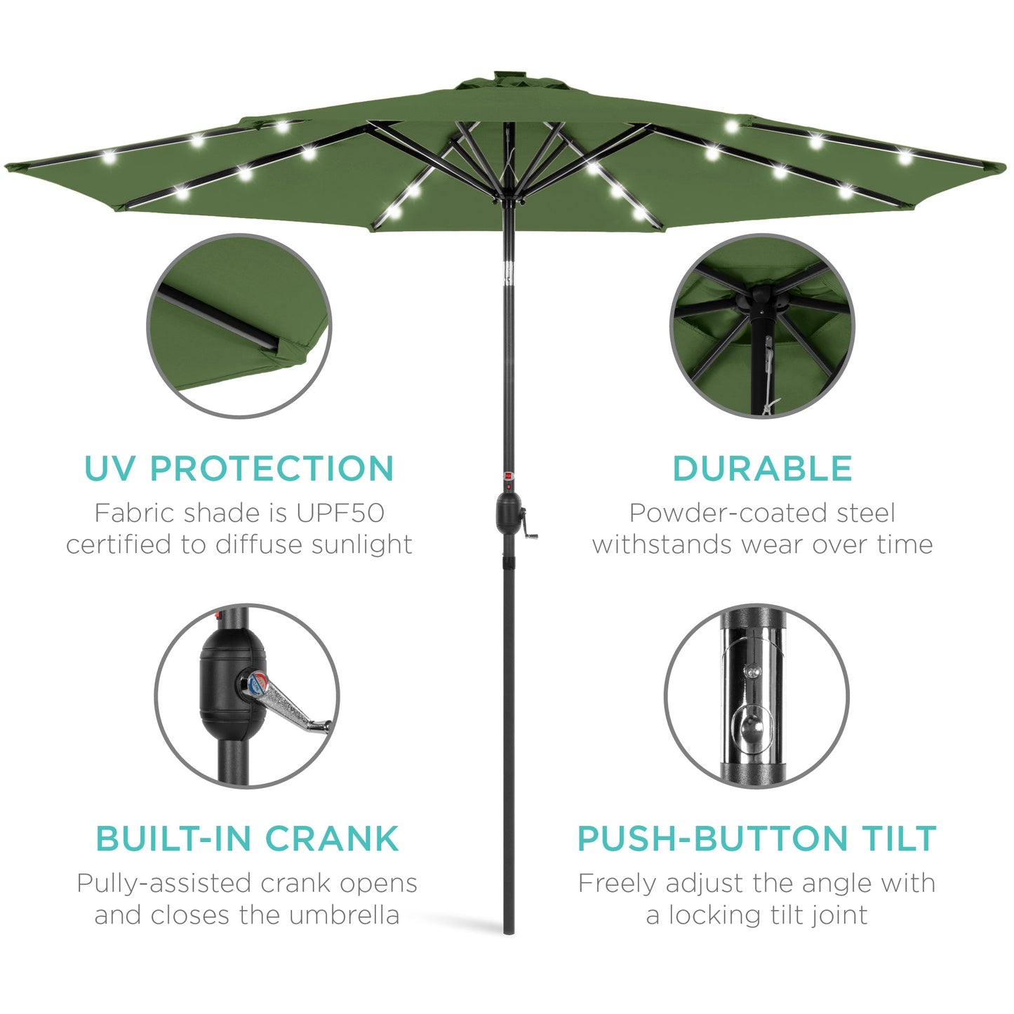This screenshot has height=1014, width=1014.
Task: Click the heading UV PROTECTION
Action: click(239, 469)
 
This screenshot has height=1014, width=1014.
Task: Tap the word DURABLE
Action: click(762, 469)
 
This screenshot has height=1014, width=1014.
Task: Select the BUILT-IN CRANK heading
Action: click(247, 839)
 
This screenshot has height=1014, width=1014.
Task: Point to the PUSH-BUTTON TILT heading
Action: click(756, 839)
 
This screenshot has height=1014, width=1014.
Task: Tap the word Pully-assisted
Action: click(163, 883)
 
